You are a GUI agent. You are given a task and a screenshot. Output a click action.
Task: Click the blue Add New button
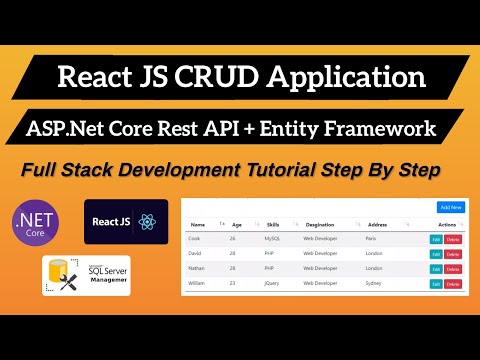[x=449, y=207]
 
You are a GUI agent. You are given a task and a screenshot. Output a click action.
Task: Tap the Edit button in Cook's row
[x=435, y=239]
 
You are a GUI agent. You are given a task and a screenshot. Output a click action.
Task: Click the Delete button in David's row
[x=453, y=254]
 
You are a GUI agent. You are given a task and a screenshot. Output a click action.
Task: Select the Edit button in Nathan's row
[x=435, y=269]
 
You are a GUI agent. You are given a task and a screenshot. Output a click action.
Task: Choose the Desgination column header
[x=320, y=225]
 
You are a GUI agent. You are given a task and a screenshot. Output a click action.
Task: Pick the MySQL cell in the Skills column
[x=272, y=239]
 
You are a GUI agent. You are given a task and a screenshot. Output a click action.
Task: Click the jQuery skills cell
[x=273, y=284]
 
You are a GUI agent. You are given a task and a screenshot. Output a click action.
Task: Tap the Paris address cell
[x=372, y=239]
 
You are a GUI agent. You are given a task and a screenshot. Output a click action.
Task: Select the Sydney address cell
[x=374, y=284]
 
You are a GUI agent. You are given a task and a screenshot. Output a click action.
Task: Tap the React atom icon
[x=149, y=220]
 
